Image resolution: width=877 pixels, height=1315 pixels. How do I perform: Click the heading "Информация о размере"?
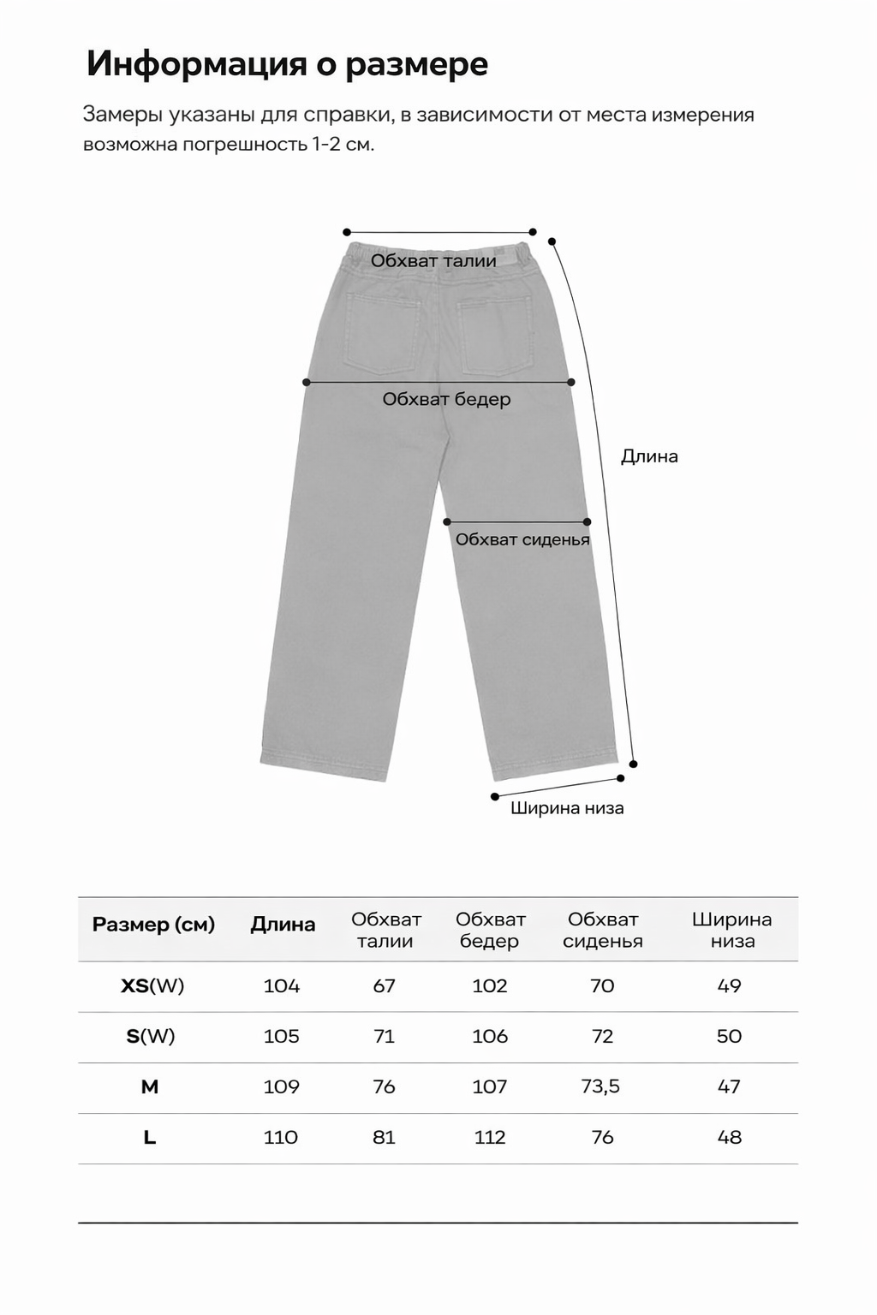[x=287, y=65]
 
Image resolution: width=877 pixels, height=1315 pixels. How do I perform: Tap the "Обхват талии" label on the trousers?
[x=433, y=261]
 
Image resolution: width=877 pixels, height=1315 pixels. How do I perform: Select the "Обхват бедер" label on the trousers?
[x=446, y=399]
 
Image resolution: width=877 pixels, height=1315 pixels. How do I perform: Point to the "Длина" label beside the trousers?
[x=649, y=456]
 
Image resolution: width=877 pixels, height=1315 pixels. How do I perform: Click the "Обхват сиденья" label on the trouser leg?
[x=522, y=539]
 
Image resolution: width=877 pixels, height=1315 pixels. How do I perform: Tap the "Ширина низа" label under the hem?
[x=567, y=808]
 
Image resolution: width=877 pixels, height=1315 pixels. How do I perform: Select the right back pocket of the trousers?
[x=496, y=336]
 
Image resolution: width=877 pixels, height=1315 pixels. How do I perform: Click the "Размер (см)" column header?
[x=153, y=925]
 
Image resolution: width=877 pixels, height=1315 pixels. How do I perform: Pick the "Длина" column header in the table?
[x=283, y=925]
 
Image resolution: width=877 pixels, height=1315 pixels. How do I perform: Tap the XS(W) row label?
[x=152, y=986]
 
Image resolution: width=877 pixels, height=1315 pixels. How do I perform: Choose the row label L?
[x=150, y=1138]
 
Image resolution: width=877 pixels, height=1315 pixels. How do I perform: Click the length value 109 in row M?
[x=282, y=1087]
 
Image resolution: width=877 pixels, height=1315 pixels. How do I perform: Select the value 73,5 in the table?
[x=600, y=1087]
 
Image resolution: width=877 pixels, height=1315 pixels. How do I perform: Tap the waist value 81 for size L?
[x=384, y=1138]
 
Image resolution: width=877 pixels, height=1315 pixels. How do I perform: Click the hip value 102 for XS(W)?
[x=490, y=986]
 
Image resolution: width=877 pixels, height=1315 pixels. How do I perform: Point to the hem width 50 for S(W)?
[x=729, y=1037]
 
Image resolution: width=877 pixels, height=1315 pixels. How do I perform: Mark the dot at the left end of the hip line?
[x=307, y=382]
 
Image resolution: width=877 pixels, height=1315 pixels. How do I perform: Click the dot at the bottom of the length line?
[x=634, y=764]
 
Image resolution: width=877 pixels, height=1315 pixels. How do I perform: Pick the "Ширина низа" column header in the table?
[x=731, y=931]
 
